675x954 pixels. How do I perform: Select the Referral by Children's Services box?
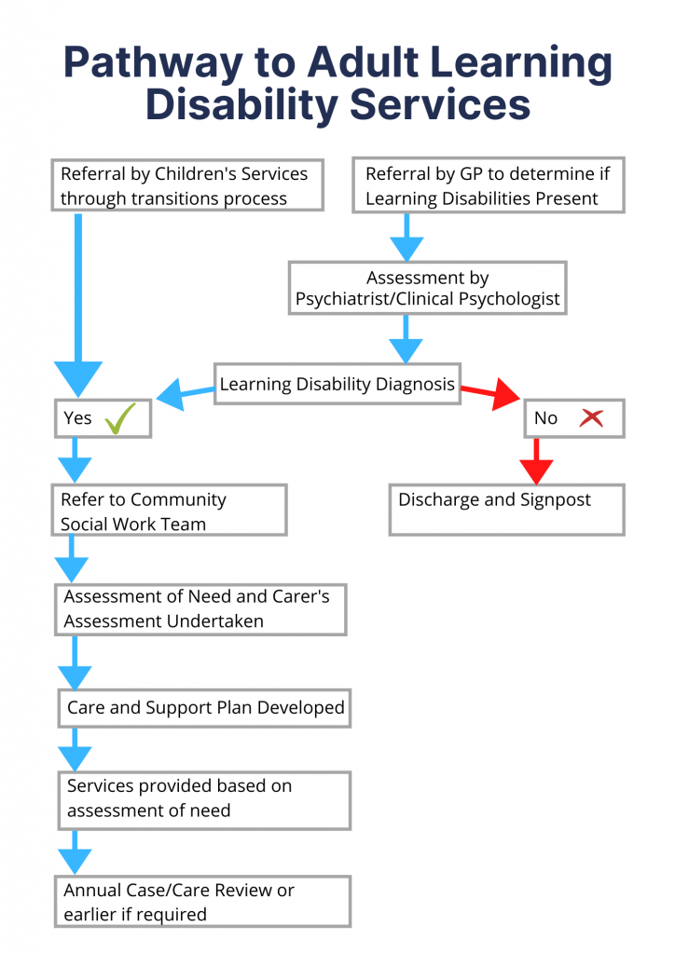tap(187, 185)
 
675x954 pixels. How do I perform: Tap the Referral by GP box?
tap(488, 185)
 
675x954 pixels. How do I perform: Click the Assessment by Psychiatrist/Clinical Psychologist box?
tap(427, 288)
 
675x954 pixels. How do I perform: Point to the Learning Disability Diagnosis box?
tap(337, 384)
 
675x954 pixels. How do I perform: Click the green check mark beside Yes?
tap(120, 418)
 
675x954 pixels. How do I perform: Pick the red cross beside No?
tap(590, 418)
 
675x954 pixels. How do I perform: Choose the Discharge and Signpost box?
tap(506, 510)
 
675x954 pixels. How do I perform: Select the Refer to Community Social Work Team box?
tap(169, 511)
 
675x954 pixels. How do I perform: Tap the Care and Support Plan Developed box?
tap(205, 708)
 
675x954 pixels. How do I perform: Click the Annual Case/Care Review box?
tap(201, 901)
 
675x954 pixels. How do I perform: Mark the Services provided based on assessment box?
tap(202, 799)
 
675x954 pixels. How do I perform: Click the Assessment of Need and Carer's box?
tap(200, 609)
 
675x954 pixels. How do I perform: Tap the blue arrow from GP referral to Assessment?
tap(406, 238)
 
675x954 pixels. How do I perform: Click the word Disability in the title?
tap(239, 105)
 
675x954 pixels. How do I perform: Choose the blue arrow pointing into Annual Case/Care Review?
tap(75, 852)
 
